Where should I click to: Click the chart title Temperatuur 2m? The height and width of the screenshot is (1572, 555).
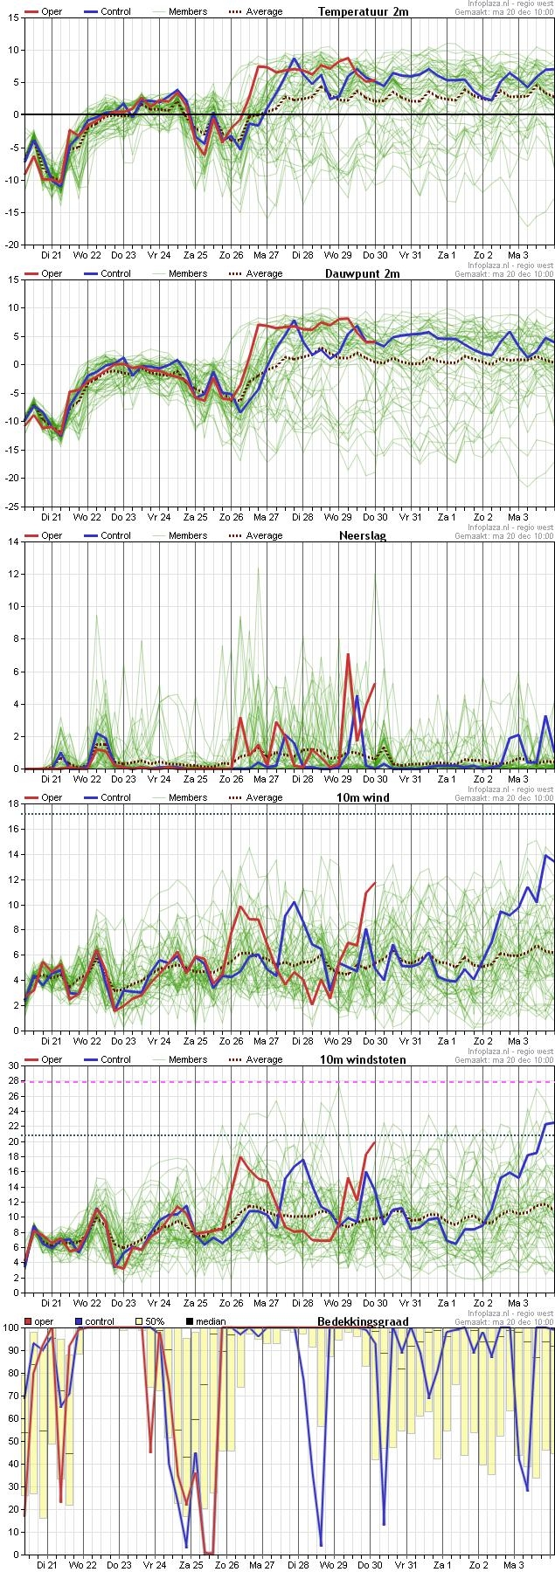tap(363, 11)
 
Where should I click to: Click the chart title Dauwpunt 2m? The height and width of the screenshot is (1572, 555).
tap(363, 273)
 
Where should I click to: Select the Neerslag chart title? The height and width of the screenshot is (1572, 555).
tap(363, 535)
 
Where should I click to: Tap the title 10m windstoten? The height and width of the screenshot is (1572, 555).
tap(363, 1059)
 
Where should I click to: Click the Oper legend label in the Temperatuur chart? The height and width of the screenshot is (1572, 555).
tap(52, 11)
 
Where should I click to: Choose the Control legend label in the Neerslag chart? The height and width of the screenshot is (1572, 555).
tap(115, 535)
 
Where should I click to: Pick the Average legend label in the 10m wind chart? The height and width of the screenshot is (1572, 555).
tap(264, 797)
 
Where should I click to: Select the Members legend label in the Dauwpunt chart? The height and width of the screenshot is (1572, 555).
tap(188, 273)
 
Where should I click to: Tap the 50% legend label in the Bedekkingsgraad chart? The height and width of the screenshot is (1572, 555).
tap(155, 1321)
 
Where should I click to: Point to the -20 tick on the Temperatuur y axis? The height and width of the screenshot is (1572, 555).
tap(10, 245)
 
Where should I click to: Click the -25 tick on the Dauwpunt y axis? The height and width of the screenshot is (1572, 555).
tap(10, 507)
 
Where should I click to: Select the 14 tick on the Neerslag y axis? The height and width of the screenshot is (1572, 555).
tap(12, 541)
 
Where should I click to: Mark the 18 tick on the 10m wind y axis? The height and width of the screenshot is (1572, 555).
tap(12, 803)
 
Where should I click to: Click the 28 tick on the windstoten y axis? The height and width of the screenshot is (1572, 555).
tap(12, 1081)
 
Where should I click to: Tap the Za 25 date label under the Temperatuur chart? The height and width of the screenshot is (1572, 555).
tap(196, 255)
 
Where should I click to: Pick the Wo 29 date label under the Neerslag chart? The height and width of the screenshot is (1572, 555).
tap(338, 779)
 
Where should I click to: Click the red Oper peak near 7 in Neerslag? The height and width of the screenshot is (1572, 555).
tap(348, 654)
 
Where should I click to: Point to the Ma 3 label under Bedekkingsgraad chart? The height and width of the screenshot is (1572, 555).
tap(519, 1565)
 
